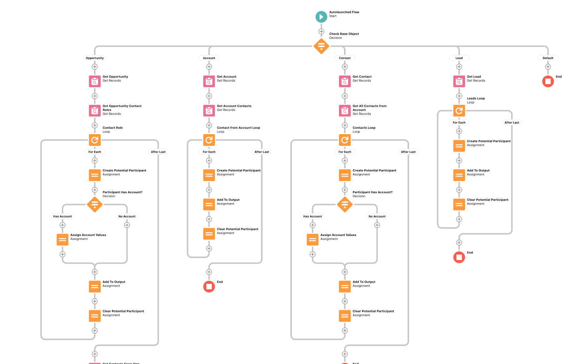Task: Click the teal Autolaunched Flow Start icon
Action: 321,17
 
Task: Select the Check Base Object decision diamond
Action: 321,46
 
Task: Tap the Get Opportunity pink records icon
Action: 95,81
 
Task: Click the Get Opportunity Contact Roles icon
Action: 95,111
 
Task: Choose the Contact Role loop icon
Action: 95,140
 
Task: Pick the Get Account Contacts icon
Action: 209,111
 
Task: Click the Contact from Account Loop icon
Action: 209,140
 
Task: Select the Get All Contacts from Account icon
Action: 345,111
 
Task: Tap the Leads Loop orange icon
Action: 459,111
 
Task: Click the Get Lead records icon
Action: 459,81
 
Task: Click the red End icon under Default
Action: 548,81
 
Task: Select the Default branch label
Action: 548,58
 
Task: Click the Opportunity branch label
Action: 95,58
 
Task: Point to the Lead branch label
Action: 459,58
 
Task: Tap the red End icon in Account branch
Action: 209,287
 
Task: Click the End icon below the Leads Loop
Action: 459,257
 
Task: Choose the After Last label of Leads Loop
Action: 512,122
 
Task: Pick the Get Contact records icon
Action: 345,81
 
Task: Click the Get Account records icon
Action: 209,81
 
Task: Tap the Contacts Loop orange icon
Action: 345,140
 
